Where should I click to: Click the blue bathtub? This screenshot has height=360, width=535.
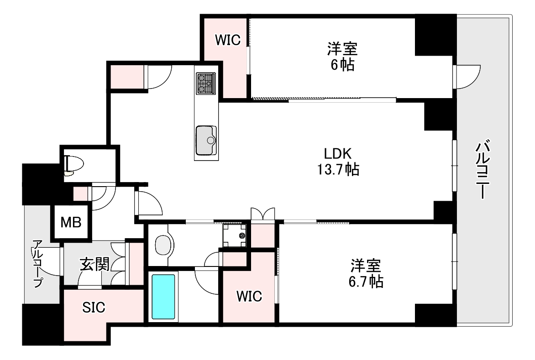click(x=163, y=297)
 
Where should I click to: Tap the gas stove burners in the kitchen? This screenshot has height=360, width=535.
click(x=206, y=83)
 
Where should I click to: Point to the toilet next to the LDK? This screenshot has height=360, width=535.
click(x=73, y=165)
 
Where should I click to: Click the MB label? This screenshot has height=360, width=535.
click(x=71, y=223)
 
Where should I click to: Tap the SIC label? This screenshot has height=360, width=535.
click(x=94, y=308)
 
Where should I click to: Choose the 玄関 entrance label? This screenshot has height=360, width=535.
click(x=95, y=265)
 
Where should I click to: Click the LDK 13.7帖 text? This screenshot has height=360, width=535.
click(x=338, y=162)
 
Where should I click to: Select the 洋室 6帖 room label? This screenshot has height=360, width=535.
click(x=342, y=57)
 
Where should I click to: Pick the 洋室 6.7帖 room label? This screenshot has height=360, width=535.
click(x=366, y=274)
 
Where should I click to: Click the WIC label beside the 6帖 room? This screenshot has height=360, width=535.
click(x=228, y=40)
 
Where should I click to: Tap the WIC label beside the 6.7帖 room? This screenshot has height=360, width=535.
click(x=249, y=296)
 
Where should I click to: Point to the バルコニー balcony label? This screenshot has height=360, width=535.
click(x=483, y=169)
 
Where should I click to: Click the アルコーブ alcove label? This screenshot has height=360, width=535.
click(x=37, y=264)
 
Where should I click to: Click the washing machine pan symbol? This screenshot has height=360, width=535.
click(x=234, y=235)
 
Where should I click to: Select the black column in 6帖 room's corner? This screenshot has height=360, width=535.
click(x=435, y=35)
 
